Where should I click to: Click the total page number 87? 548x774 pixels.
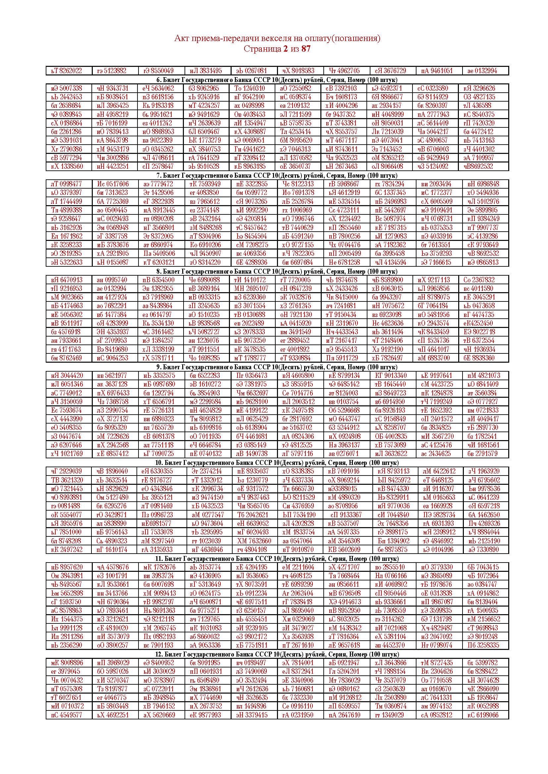coord(306,49)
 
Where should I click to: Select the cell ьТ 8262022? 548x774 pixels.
coord(67,71)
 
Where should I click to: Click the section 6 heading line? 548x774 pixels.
coord(277,80)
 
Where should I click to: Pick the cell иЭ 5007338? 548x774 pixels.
coord(67,88)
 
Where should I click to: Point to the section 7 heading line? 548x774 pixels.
coord(277,176)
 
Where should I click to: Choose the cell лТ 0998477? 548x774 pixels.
coord(67,184)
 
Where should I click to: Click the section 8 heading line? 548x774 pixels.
coord(277,271)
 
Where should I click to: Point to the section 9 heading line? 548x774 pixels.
coord(277,367)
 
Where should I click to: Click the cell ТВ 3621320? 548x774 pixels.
coord(67,480)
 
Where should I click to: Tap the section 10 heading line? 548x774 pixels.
coord(277,463)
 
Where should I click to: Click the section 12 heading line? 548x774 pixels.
coord(277,654)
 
